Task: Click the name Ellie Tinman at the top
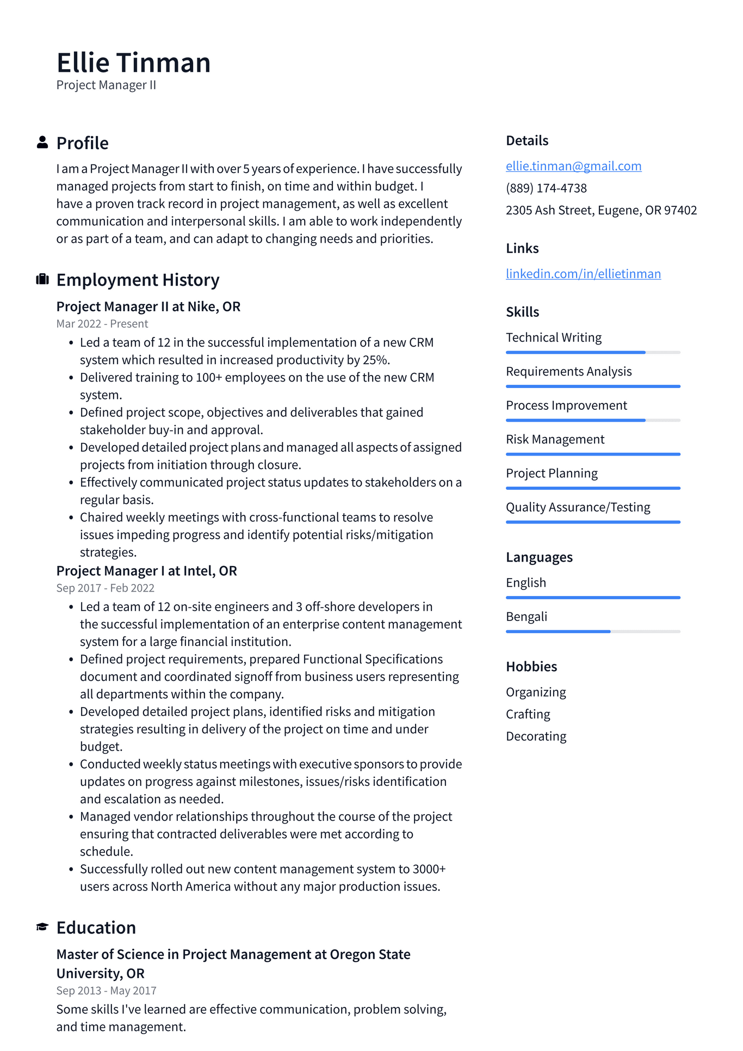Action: (133, 63)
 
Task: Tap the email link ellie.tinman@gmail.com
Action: (573, 166)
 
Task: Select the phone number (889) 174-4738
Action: (546, 188)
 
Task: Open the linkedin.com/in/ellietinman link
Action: (583, 274)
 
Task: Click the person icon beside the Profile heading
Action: (42, 143)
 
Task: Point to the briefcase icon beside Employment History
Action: (42, 280)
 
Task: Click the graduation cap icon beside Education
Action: (42, 927)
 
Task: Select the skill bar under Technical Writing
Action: (593, 353)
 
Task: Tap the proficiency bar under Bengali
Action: (593, 631)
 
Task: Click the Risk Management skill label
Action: (555, 439)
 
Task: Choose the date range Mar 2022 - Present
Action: (102, 324)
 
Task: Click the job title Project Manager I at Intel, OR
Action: (147, 571)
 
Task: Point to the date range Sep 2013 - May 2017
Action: (106, 991)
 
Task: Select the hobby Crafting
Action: (528, 714)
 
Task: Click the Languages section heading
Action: (539, 557)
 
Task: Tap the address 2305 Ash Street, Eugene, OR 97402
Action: (601, 210)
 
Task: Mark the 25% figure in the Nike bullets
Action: (376, 360)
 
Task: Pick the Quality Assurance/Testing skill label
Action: (578, 507)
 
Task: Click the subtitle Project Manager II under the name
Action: (106, 85)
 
